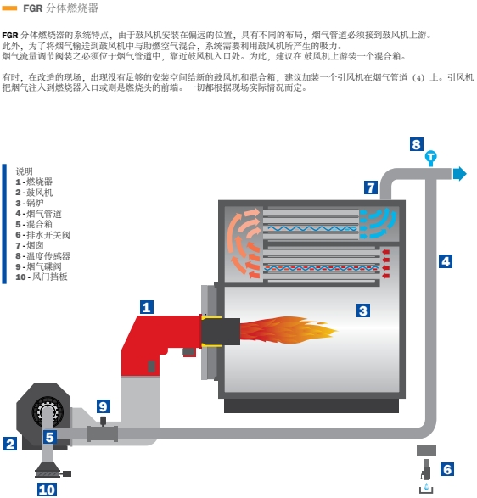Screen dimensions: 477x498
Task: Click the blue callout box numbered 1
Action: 147,307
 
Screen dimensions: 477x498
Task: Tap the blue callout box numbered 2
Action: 10,444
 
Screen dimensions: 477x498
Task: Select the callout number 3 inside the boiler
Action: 363,311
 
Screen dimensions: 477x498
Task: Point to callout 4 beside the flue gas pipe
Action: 446,261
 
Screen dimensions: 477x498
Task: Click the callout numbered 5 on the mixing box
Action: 50,437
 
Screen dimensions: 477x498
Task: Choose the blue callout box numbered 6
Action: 447,469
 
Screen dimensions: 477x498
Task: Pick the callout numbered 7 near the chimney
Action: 371,187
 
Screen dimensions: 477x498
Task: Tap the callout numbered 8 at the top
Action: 416,144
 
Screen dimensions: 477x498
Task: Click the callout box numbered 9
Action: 104,406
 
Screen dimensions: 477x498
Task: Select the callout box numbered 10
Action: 47,490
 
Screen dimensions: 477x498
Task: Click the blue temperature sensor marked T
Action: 431,158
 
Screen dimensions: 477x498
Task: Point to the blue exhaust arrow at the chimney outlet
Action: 459,174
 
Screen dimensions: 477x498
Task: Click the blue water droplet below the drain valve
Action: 426,486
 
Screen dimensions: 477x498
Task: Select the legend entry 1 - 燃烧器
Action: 34,182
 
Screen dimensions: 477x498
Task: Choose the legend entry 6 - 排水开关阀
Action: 43,235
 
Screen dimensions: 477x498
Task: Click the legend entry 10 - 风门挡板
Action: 42,277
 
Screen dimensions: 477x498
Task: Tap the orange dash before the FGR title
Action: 9,8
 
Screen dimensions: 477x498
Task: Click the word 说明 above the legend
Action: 25,171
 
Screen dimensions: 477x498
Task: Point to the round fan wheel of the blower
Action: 48,412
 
